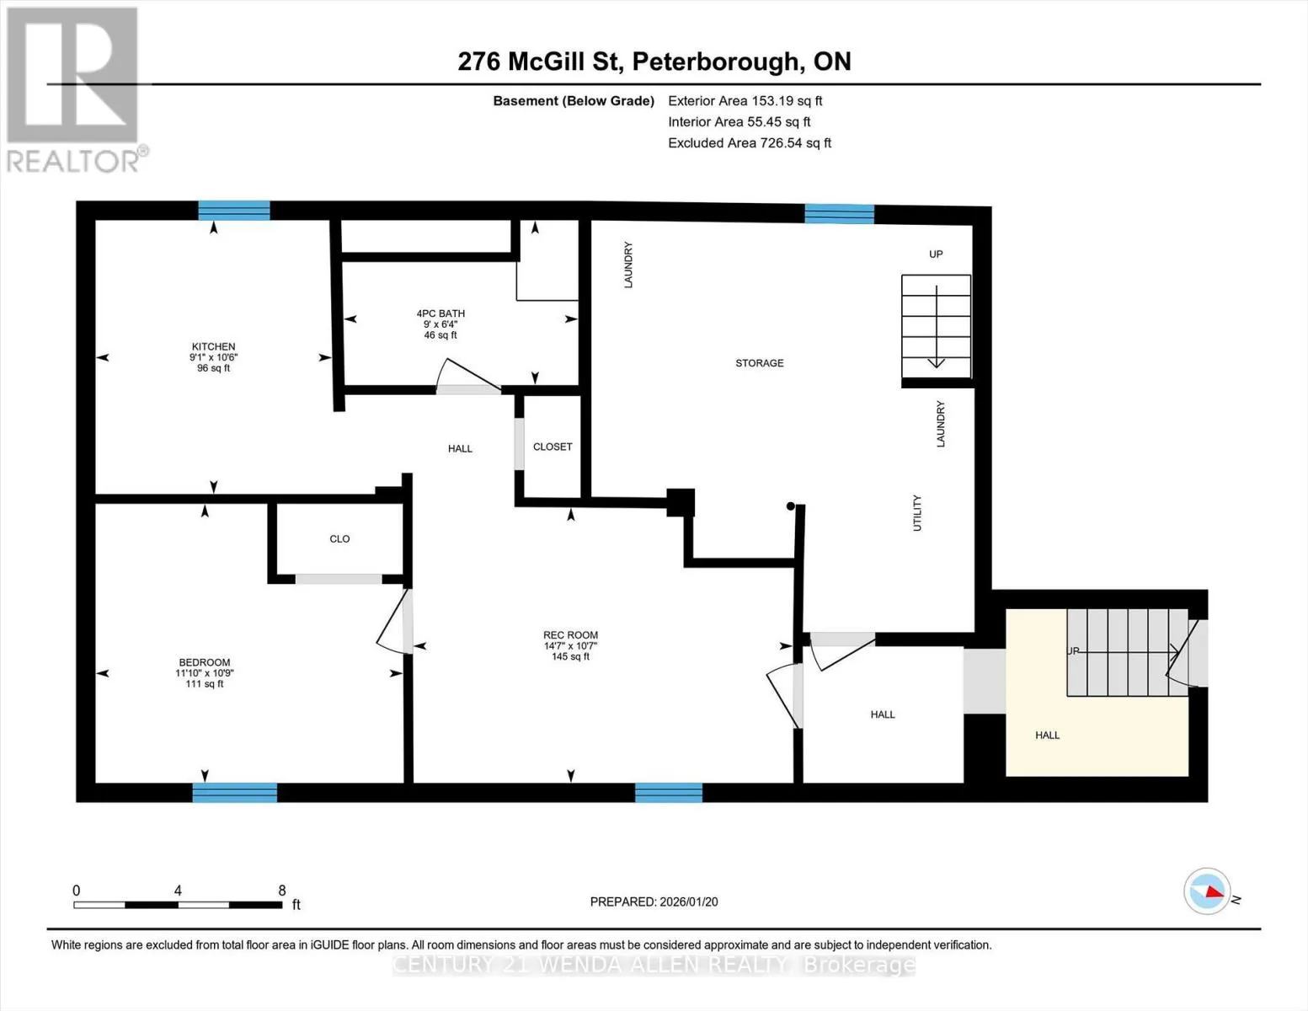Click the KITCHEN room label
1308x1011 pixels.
[213, 346]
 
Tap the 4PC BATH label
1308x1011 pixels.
[440, 313]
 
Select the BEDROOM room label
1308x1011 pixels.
[204, 662]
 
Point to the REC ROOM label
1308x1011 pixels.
[571, 634]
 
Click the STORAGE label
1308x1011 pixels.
[760, 363]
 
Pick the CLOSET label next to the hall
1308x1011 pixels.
[553, 447]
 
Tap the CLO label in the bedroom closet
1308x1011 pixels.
[339, 539]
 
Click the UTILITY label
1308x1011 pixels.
[917, 513]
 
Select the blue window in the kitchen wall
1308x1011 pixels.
[234, 210]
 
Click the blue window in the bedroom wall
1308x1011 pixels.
[235, 793]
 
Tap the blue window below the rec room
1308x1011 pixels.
[669, 793]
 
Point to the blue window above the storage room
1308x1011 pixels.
[840, 214]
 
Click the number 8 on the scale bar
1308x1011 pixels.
[281, 891]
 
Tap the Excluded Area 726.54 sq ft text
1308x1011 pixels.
[750, 143]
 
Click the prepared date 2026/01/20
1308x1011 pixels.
[689, 901]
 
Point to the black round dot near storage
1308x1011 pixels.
[790, 506]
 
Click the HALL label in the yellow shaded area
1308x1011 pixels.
[1048, 736]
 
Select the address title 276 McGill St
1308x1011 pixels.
[540, 62]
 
